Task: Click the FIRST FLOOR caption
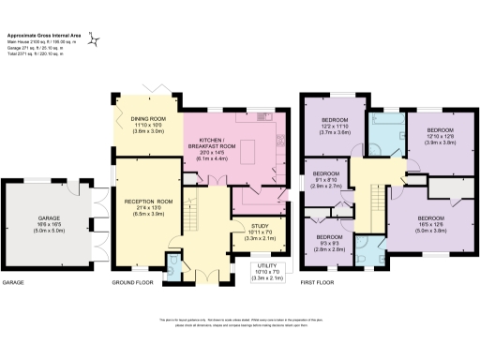click(316, 282)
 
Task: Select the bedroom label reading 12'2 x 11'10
click(335, 127)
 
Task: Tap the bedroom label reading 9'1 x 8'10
click(324, 179)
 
